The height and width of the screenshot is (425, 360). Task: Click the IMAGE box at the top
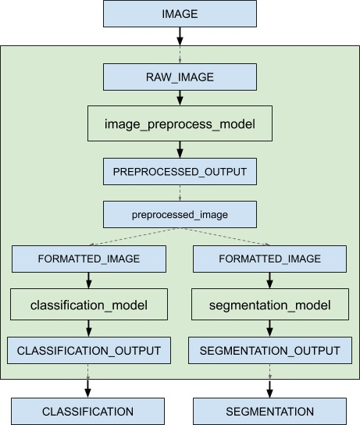180,14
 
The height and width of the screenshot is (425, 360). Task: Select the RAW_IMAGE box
180,77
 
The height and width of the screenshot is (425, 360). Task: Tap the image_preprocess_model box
180,123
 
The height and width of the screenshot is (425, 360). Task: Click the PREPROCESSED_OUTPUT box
180,170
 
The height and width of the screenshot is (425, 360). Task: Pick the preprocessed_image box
180,213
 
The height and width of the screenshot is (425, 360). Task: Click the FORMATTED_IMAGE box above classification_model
88,258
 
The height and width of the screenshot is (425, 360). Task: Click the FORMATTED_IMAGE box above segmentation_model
269,258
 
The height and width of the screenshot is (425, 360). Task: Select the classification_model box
88,304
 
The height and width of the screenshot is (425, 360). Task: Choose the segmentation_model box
269,304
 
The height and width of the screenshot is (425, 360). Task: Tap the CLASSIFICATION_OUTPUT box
88,350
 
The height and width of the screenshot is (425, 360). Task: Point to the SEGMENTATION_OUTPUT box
269,350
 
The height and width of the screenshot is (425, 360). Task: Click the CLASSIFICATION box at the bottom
87,411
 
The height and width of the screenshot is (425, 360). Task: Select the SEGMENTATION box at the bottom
269,411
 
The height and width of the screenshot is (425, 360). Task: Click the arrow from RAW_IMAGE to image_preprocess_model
180,98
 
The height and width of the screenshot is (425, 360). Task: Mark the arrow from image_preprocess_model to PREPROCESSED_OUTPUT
180,149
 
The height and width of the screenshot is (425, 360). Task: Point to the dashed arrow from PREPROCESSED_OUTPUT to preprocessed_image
180,192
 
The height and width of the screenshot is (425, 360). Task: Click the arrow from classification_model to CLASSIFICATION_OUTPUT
88,327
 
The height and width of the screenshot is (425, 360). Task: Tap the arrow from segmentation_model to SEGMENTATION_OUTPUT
269,327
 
